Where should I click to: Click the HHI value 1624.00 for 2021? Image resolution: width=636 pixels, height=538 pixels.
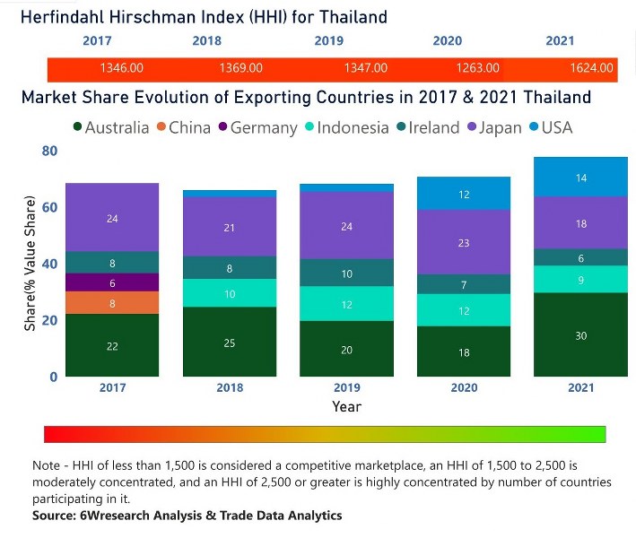590,68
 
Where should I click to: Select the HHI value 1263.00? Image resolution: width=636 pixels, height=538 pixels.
477,68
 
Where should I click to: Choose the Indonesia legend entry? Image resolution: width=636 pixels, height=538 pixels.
346,127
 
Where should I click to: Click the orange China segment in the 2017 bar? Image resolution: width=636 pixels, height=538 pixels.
112,303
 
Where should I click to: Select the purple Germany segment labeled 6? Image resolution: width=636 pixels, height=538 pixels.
112,282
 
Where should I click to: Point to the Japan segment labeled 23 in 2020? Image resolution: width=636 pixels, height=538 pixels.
465,242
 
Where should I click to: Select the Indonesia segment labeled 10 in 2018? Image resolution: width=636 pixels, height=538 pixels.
230,293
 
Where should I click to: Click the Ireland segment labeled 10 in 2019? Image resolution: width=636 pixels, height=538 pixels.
347,273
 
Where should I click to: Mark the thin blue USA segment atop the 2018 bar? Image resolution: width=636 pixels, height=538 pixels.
230,194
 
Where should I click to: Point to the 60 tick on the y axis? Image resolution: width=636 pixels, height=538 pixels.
49,207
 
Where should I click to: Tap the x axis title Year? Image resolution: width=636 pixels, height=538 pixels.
346,406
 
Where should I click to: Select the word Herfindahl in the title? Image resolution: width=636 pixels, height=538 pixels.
68,17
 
